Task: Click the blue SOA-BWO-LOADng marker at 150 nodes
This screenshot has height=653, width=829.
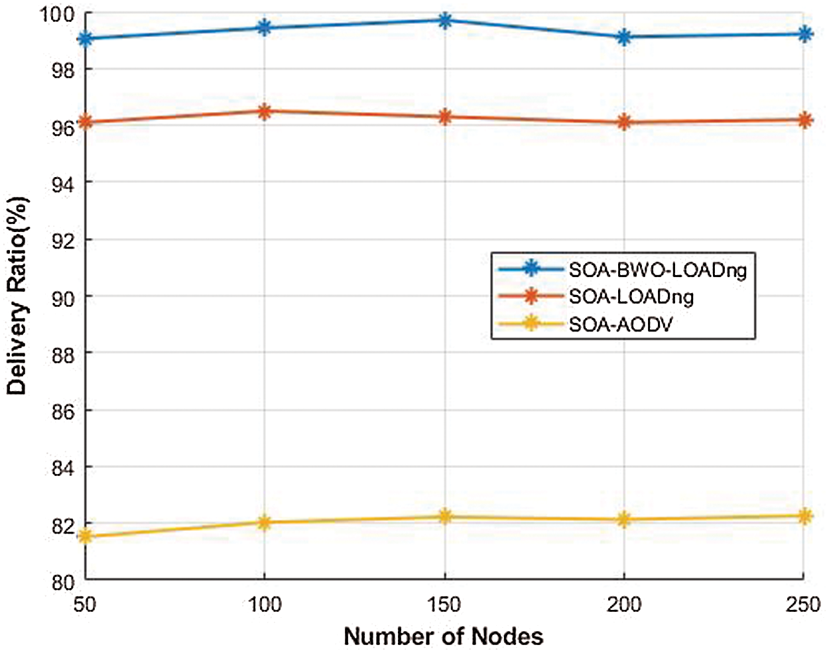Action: point(445,21)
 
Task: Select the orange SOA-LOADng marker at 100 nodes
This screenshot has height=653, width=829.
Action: point(265,111)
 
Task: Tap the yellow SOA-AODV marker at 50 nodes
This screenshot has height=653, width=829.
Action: point(85,536)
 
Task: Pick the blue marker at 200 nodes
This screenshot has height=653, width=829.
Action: point(624,37)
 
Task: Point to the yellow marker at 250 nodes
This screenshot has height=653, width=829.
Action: point(804,516)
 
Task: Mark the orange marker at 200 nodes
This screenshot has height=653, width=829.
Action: point(624,122)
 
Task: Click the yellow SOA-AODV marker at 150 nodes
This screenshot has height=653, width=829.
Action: point(445,516)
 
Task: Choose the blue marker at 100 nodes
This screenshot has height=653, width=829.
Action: point(265,28)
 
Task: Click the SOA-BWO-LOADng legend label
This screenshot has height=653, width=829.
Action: point(657,269)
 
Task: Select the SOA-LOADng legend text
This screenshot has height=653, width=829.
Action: point(631,296)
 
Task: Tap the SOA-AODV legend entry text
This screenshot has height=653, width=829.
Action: point(620,324)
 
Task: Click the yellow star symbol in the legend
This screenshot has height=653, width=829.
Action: point(530,324)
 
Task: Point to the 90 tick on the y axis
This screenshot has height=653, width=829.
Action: point(63,297)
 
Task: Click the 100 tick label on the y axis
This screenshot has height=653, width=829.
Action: point(58,13)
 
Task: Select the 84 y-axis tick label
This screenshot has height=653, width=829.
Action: point(63,467)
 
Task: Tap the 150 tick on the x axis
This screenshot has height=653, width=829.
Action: point(444,605)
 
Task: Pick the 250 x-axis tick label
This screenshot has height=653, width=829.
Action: point(803,605)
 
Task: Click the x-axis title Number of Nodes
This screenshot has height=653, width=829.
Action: point(443,636)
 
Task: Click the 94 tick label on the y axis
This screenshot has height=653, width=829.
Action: point(63,183)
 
